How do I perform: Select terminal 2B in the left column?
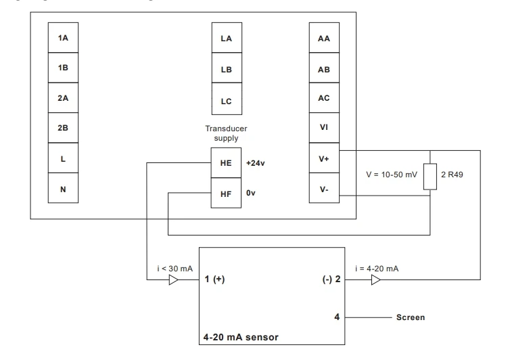(x=63, y=129)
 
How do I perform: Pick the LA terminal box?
(x=227, y=39)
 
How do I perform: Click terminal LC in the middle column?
(x=227, y=101)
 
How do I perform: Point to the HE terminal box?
(x=227, y=163)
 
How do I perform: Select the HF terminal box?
(x=227, y=193)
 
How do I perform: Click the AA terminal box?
(x=323, y=39)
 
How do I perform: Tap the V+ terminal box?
(x=323, y=159)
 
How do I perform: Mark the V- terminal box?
(x=323, y=189)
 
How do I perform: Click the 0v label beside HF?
(x=250, y=193)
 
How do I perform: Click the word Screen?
(x=411, y=317)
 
